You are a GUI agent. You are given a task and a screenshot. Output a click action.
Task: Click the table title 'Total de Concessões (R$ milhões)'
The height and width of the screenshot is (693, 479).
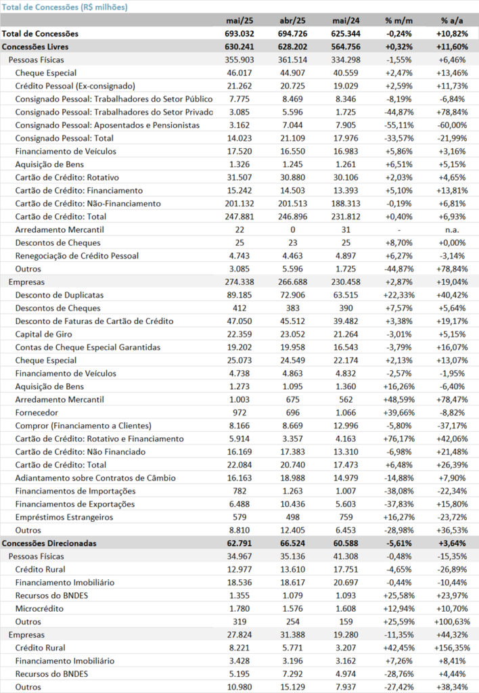(x=64, y=7)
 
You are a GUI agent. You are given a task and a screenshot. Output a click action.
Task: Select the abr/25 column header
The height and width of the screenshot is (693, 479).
(x=292, y=20)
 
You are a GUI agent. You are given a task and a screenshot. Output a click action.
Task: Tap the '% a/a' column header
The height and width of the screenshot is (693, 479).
(x=452, y=20)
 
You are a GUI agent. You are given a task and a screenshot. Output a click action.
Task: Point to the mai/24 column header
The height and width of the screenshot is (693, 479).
(x=346, y=20)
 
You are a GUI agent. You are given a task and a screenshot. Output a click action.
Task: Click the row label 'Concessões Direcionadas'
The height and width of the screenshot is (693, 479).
(x=49, y=543)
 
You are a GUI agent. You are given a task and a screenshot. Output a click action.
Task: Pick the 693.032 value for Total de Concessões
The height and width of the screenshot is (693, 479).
(x=239, y=34)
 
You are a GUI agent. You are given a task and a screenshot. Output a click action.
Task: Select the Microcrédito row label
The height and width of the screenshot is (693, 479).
(x=39, y=608)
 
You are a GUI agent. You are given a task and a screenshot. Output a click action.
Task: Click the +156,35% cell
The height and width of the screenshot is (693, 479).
(x=452, y=648)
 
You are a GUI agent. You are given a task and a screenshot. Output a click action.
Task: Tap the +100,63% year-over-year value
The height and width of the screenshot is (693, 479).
(x=452, y=621)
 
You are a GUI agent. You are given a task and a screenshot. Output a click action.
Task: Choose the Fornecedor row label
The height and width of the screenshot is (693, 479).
(x=37, y=412)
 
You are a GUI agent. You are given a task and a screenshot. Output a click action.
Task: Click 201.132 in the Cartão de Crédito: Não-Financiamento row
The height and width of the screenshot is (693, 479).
(x=239, y=203)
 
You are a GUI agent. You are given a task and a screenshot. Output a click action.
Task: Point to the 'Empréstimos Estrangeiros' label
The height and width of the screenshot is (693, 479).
(x=64, y=517)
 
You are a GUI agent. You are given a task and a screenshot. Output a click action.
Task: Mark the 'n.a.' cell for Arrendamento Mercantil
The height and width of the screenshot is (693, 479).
(x=452, y=230)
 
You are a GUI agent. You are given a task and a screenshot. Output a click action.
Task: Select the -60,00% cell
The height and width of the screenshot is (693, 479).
(x=452, y=125)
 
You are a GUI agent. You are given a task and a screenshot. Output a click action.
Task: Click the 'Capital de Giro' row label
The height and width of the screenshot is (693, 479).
(x=44, y=334)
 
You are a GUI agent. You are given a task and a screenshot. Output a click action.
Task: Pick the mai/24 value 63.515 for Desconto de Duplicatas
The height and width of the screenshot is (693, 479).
(x=346, y=295)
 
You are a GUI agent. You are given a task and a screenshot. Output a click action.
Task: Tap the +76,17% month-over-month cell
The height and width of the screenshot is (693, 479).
(x=399, y=439)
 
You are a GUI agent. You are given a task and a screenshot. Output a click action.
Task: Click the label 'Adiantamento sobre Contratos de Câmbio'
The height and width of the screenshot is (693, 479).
(x=95, y=478)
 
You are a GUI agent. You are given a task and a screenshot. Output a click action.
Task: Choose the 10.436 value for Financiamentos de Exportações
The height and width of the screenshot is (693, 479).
(x=292, y=504)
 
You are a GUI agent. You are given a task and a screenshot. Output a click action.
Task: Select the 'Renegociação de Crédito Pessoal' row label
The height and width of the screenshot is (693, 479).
(x=77, y=256)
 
